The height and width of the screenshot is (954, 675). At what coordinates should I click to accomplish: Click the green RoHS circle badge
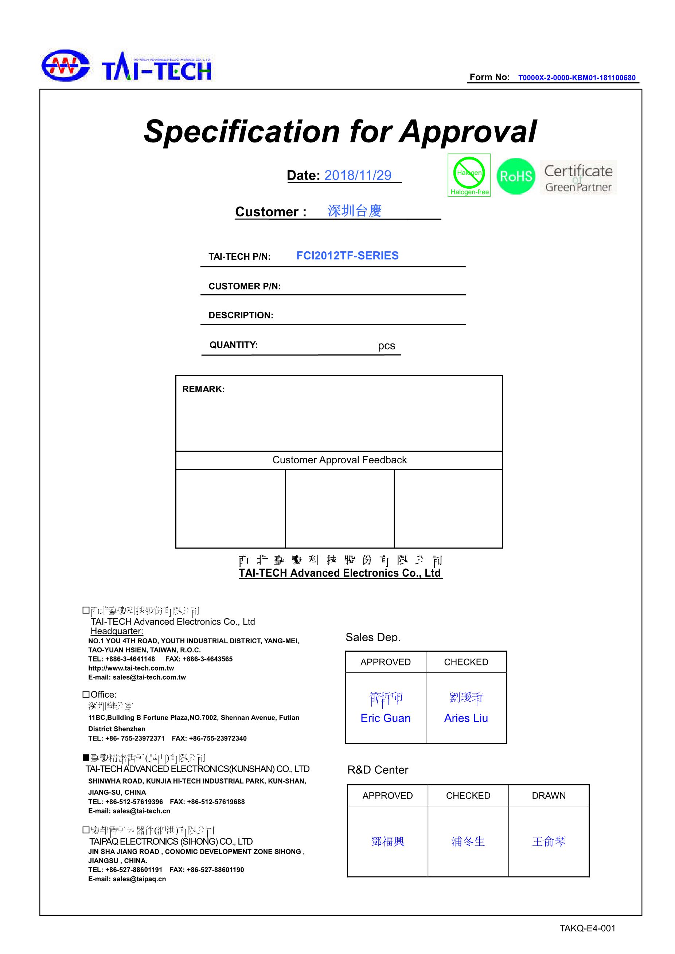[x=515, y=176]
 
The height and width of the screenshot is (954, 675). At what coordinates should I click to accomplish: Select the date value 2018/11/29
[x=358, y=175]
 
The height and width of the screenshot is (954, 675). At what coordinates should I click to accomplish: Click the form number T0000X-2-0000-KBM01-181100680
[x=577, y=78]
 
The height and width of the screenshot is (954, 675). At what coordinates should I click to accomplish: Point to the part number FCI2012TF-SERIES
[x=347, y=256]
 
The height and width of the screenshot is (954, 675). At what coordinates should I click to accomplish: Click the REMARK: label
[x=203, y=389]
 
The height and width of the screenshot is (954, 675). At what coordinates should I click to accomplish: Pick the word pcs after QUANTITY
[x=386, y=346]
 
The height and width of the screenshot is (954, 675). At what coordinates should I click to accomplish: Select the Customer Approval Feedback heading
[x=339, y=460]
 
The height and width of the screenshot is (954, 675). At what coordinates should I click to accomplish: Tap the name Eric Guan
[x=385, y=718]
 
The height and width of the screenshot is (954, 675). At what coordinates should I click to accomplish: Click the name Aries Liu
[x=466, y=718]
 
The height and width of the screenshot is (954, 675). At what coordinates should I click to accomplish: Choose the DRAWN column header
[x=549, y=795]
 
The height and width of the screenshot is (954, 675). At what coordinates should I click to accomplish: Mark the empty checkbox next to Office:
[x=86, y=694]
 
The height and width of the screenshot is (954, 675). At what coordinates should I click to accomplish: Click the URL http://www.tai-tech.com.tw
[x=131, y=668]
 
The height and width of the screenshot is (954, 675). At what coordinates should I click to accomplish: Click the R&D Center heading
[x=377, y=770]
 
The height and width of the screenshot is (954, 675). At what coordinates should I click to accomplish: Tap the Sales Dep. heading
[x=373, y=637]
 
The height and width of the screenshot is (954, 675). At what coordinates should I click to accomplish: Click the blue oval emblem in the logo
[x=65, y=66]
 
